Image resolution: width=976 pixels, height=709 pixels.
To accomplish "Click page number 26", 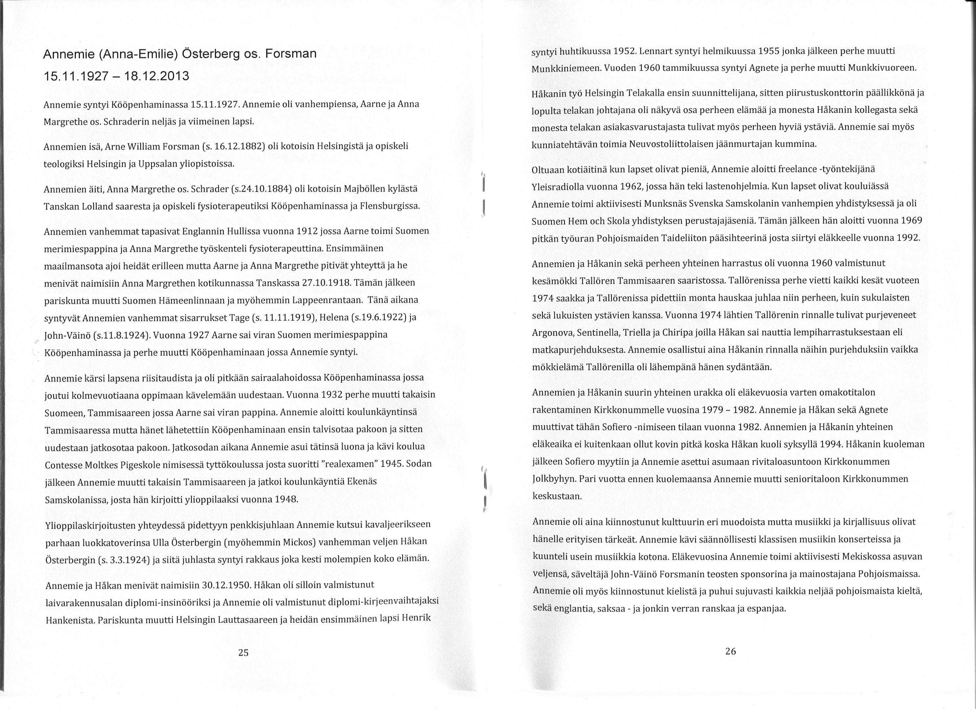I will tap(730, 651).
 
